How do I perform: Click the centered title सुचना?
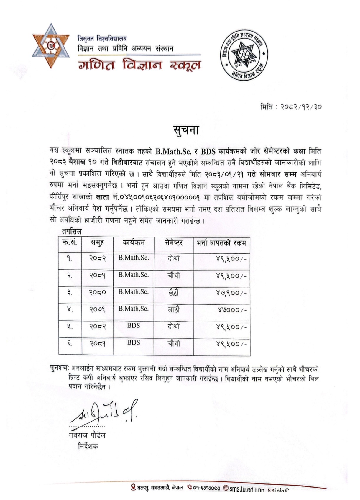[186, 130]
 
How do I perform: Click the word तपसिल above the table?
[72, 232]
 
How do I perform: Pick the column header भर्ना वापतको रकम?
[221, 243]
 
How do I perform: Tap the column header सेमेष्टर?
[174, 243]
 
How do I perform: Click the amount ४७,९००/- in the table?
[231, 293]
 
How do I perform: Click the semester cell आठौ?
[174, 310]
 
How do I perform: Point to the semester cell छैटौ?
[174, 293]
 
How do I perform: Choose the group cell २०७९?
[98, 310]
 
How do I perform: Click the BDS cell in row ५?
[134, 326]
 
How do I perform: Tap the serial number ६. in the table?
[70, 343]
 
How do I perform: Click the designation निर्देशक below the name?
[88, 446]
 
